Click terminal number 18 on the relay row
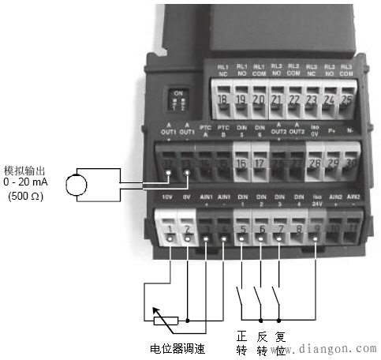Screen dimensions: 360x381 pyautogui.click(x=223, y=100)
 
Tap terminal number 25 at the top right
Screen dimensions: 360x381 pyautogui.click(x=346, y=100)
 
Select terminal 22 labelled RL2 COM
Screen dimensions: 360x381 pyautogui.click(x=293, y=100)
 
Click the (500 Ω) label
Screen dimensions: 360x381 pyautogui.click(x=27, y=197)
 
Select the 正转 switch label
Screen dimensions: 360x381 pyautogui.click(x=242, y=343)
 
